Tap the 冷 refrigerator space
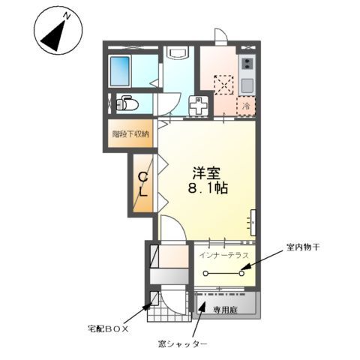click(x=246, y=106)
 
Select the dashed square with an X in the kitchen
click(x=223, y=85)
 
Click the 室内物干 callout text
click(x=303, y=246)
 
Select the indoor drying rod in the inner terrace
click(x=223, y=274)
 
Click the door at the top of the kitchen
click(x=220, y=36)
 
